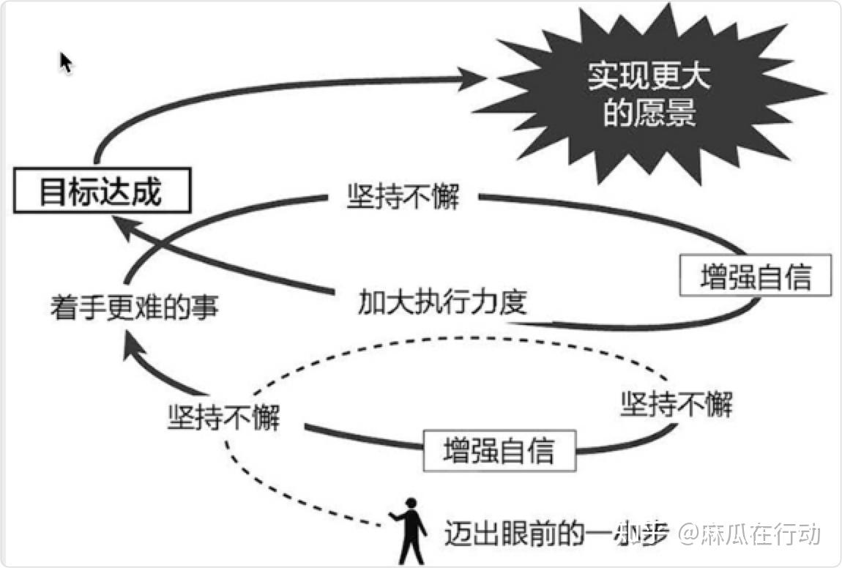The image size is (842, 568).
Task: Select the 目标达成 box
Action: [100, 193]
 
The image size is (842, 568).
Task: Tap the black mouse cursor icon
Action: [66, 62]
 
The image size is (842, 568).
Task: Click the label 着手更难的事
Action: [134, 306]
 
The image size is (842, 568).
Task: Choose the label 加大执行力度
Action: [442, 301]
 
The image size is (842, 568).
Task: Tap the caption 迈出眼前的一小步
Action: [556, 535]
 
